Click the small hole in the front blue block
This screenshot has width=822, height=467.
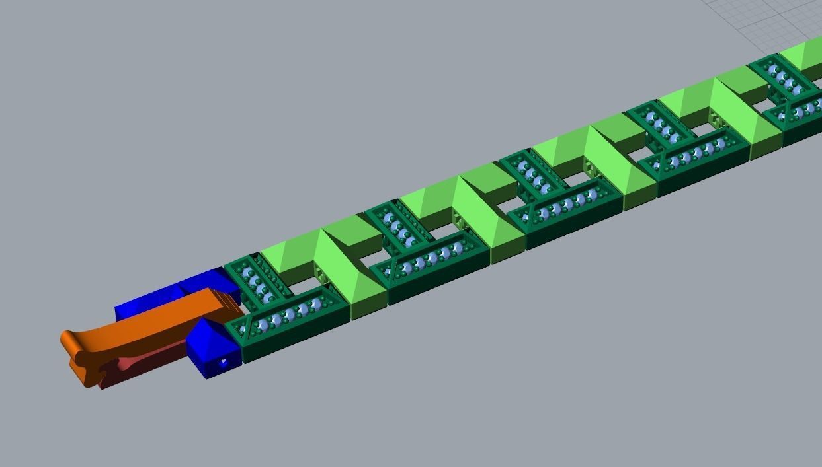tap(223, 362)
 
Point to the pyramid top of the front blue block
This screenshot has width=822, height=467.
tap(210, 330)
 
